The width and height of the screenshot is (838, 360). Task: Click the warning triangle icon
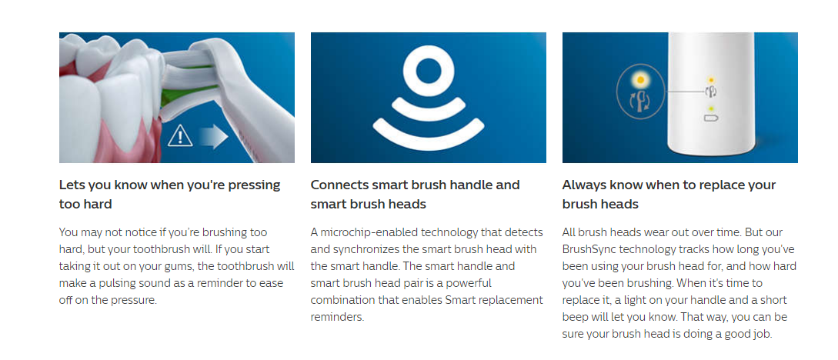coord(180,136)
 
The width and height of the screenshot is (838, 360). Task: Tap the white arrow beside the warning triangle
coord(214,137)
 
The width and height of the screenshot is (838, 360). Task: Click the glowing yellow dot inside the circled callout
coord(640,80)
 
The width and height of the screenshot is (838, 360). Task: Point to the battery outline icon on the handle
coord(711,118)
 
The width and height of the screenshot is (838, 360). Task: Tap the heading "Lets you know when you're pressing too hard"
coord(169,195)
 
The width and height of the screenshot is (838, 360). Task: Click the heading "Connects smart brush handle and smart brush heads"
coord(415,195)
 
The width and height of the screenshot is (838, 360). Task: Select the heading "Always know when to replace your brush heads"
coord(669,195)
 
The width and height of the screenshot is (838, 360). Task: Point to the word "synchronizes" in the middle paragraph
coord(365,249)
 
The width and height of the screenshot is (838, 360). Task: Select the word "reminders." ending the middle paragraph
coord(337,317)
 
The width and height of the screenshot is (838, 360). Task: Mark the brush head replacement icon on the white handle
coord(710,92)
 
